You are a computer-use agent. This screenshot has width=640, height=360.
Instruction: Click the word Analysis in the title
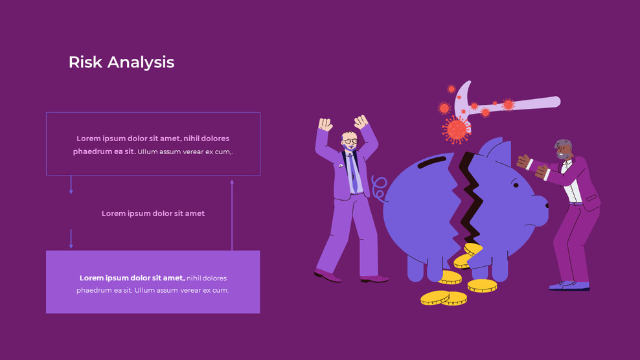click(x=141, y=63)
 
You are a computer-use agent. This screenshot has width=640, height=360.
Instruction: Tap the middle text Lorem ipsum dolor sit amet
click(x=153, y=214)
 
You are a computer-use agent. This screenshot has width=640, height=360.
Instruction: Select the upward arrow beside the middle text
click(x=232, y=214)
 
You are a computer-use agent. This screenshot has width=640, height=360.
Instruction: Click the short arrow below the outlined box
click(x=71, y=185)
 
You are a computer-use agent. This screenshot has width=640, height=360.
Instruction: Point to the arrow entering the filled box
click(x=71, y=239)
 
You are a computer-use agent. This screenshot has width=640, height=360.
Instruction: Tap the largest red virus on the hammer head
click(x=457, y=129)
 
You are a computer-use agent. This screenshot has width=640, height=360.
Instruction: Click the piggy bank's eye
click(x=516, y=185)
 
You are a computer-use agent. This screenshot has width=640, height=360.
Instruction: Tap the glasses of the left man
click(x=350, y=141)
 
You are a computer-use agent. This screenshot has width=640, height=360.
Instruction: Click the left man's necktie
click(x=354, y=172)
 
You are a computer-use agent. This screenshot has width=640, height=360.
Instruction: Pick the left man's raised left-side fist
click(x=325, y=124)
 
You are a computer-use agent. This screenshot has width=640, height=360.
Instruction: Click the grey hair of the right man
click(x=562, y=144)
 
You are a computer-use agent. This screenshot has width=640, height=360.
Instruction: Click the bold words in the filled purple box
click(x=132, y=278)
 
